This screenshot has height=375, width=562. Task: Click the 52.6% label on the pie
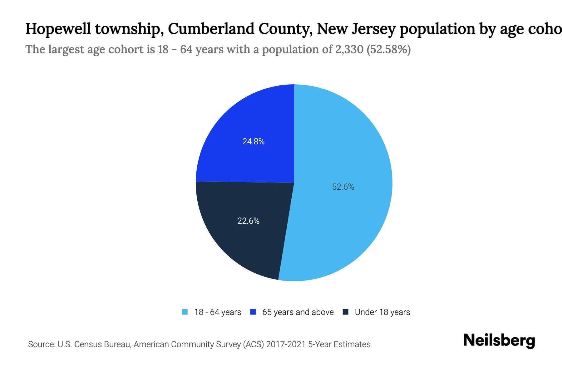[x=343, y=187]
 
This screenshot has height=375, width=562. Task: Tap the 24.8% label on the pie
[x=253, y=142]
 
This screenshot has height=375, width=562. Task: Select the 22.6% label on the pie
[x=248, y=221]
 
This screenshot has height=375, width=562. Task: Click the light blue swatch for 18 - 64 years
[x=185, y=312]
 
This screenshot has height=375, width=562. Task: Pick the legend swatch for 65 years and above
[x=253, y=312]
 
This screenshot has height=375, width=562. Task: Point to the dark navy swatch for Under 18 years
[x=346, y=312]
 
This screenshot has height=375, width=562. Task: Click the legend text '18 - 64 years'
[x=217, y=312]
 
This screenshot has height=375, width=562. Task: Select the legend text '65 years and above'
[x=298, y=312]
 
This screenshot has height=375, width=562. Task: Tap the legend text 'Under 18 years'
[x=382, y=312]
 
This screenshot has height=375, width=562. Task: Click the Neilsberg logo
[x=499, y=341]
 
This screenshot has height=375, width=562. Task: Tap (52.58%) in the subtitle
[x=388, y=49]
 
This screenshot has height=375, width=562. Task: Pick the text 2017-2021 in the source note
[x=286, y=344]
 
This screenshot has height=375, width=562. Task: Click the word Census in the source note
[x=88, y=344]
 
